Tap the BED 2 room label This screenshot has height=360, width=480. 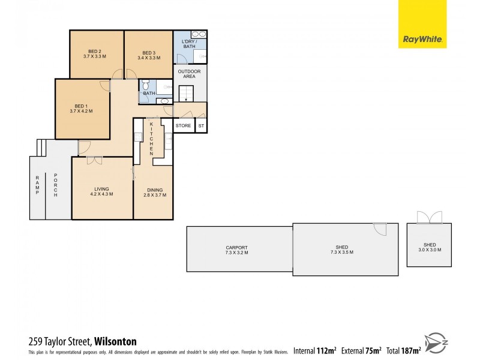[95, 54]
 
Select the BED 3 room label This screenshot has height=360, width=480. [149, 54]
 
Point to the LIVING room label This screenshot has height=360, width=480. [101, 191]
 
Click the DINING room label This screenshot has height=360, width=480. [154, 193]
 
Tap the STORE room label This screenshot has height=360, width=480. [183, 126]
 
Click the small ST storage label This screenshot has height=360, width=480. [201, 126]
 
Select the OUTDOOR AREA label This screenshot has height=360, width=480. [189, 74]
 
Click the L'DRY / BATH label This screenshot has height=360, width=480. [189, 43]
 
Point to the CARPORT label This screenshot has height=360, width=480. [236, 250]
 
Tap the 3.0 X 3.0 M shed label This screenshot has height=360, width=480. [430, 247]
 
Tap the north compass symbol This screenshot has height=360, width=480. [436, 343]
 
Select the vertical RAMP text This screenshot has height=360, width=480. [37, 185]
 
